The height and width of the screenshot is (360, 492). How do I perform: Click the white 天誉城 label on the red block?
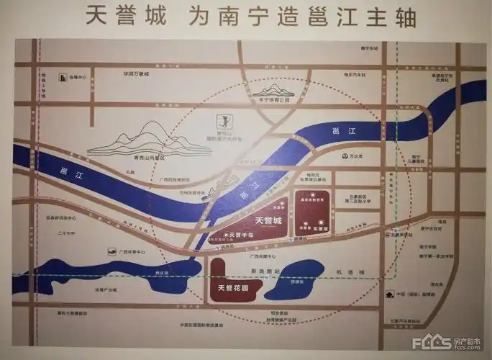tap(267, 220)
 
